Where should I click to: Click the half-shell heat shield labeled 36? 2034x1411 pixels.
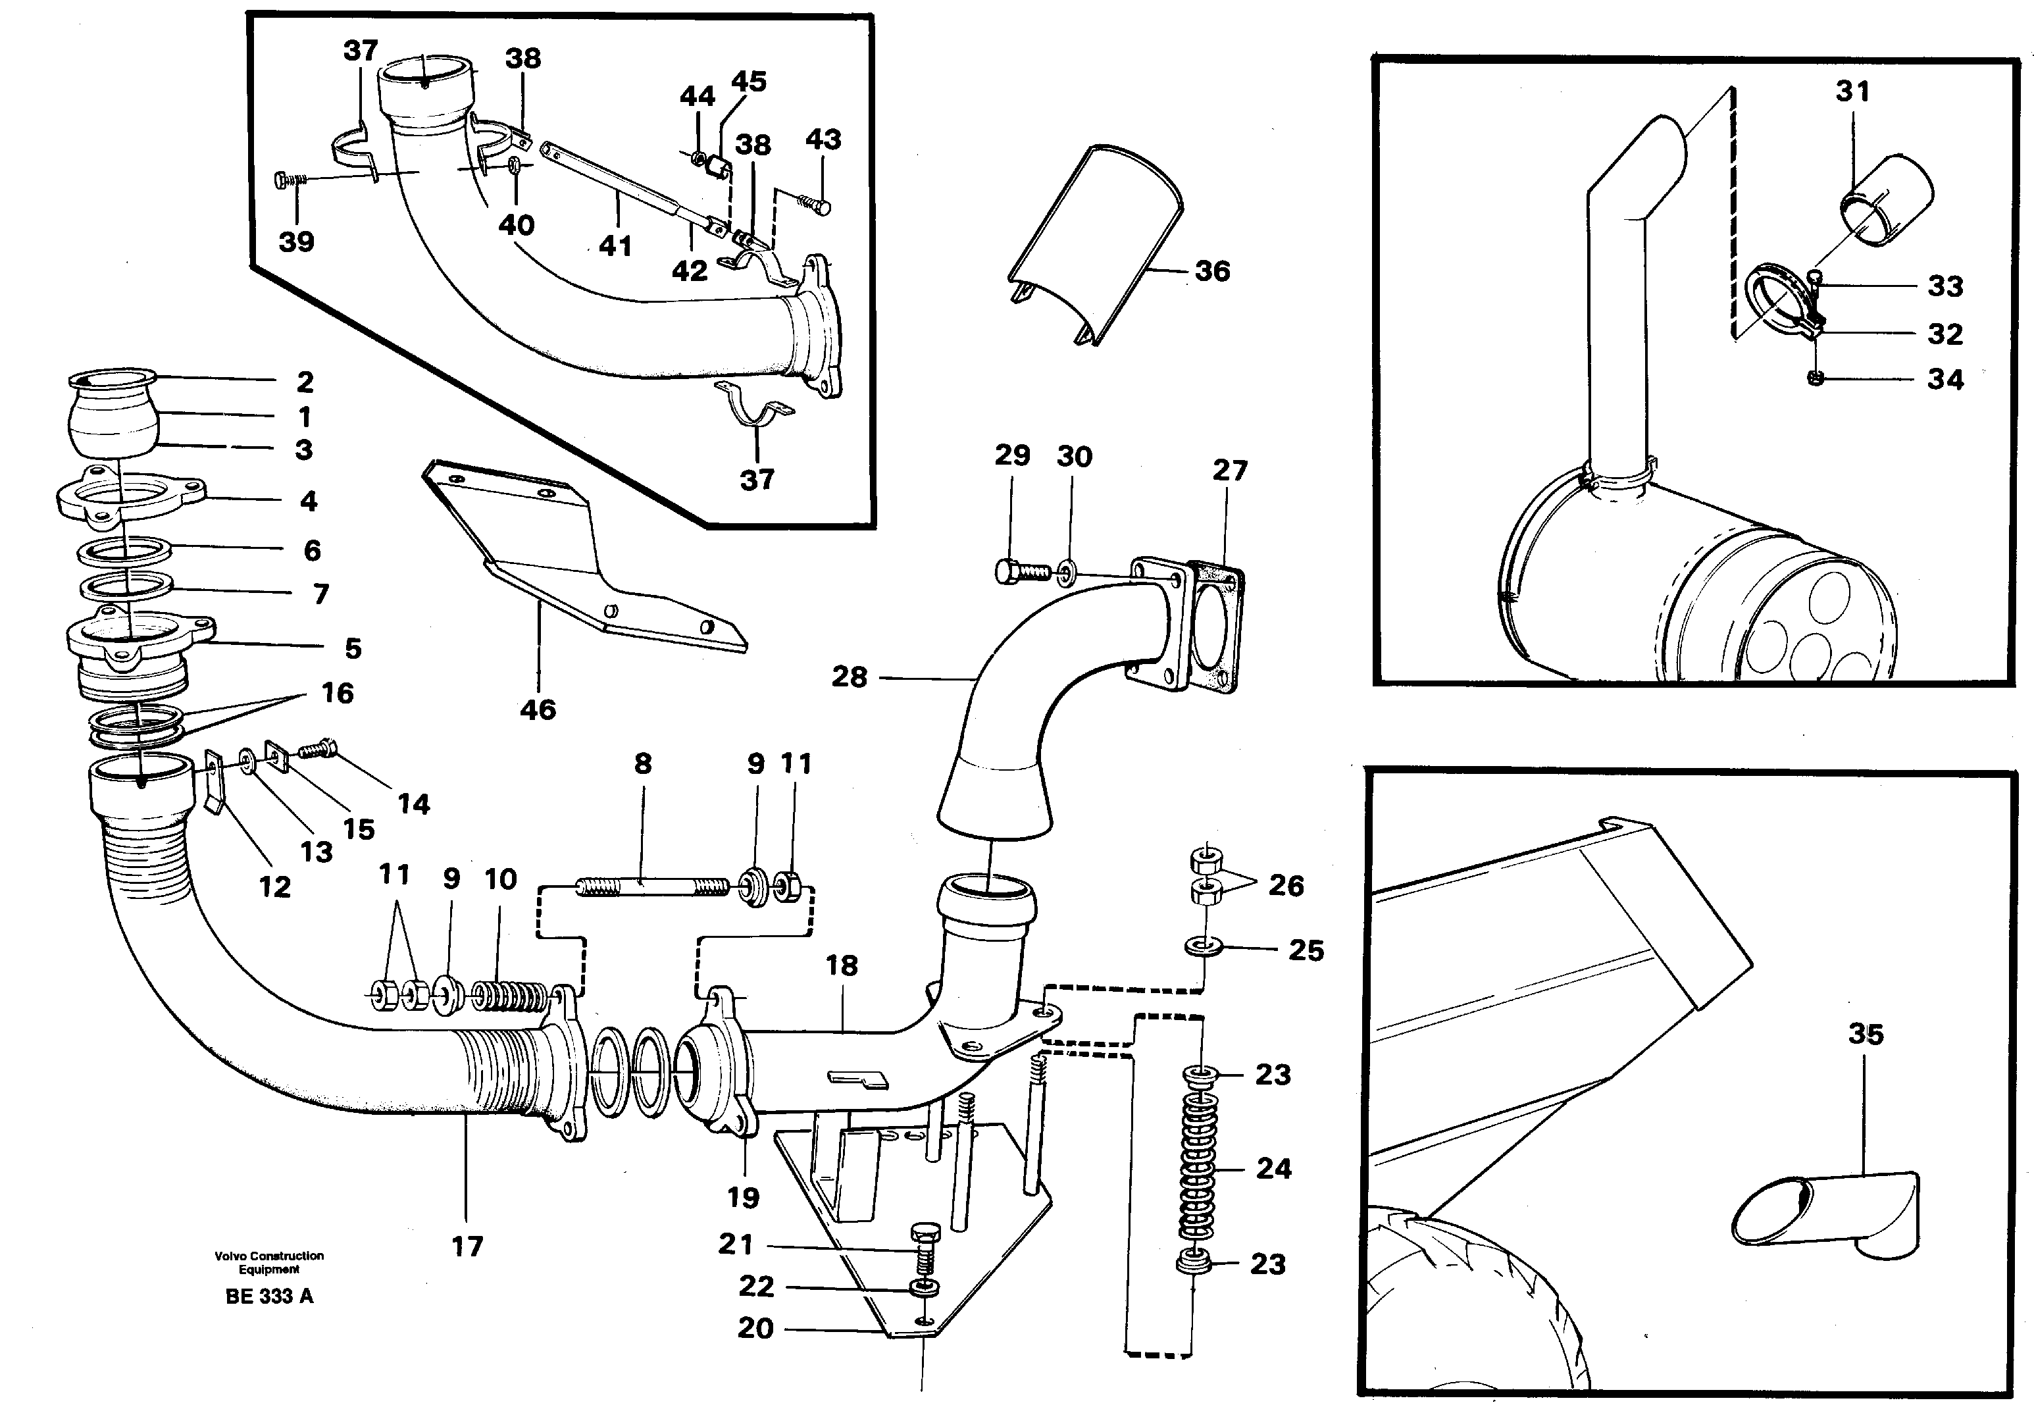[1096, 243]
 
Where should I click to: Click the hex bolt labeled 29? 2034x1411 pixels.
[1021, 571]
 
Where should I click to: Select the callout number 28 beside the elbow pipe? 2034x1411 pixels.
[849, 677]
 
